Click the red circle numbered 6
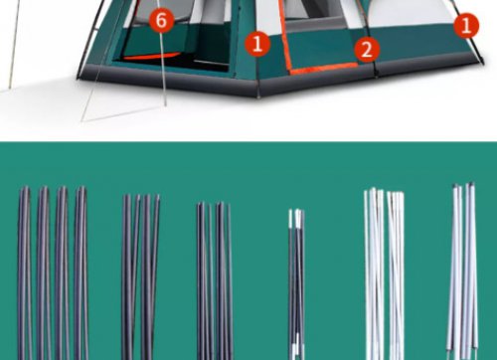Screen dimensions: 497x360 [161, 20]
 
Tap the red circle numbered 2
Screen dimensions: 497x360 [367, 50]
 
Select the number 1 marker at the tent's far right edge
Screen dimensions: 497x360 [466, 25]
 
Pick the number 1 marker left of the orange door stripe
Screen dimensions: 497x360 [257, 44]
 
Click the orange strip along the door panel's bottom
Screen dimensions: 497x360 [324, 68]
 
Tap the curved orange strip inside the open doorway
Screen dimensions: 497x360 [152, 56]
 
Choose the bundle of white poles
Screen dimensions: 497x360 [385, 274]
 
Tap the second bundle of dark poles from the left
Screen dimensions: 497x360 [140, 276]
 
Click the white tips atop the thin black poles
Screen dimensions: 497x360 [296, 219]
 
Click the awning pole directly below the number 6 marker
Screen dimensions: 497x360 [163, 69]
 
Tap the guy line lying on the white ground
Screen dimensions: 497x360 [121, 113]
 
